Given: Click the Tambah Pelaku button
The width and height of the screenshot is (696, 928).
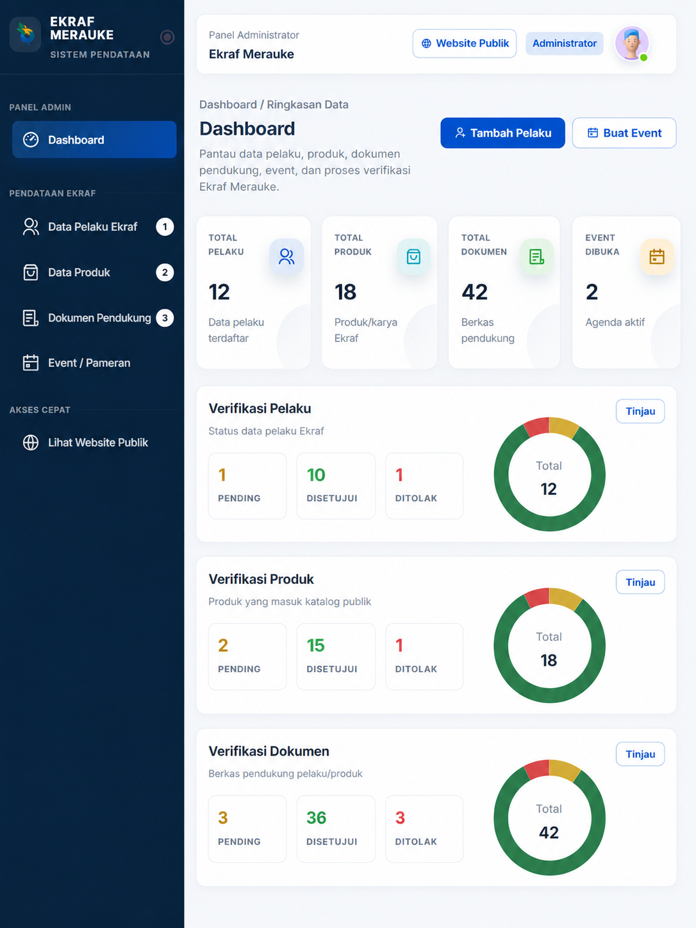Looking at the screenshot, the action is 502,133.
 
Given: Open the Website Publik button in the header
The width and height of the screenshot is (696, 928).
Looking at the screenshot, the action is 465,43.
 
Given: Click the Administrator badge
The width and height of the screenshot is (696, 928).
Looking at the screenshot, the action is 564,43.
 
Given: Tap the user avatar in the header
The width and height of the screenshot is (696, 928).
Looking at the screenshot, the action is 632,43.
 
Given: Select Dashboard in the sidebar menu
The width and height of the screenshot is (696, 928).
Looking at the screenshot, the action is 94,140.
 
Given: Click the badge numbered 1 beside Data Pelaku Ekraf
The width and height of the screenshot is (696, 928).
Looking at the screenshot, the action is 165,227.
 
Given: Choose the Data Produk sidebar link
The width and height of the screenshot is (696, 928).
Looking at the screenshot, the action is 79,272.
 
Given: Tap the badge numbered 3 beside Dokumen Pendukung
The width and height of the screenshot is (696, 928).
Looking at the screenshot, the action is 165,318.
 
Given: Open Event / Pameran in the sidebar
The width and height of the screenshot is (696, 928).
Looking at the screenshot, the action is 88,363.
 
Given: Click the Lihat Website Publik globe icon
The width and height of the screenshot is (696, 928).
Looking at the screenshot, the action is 30,442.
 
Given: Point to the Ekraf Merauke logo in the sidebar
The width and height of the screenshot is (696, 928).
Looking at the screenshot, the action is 26,34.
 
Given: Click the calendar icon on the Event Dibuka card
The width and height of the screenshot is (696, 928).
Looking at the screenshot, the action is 657,256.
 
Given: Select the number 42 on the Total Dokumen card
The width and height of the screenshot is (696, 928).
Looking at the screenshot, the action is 474,292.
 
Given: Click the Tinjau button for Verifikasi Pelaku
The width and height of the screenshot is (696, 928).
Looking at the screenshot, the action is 640,411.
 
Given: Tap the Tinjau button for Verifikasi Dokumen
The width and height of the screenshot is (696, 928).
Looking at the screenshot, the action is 640,754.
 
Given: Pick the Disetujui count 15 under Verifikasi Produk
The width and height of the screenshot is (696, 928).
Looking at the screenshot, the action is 316,645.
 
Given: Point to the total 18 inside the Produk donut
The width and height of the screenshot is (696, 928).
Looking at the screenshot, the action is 549,660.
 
